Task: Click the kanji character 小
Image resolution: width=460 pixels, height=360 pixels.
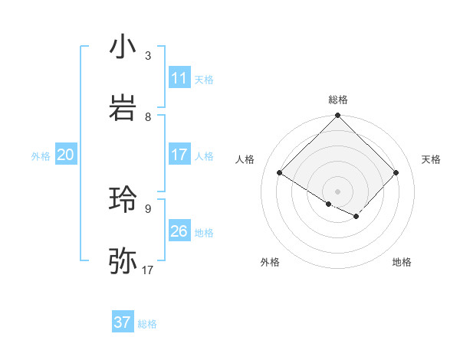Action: click(x=123, y=47)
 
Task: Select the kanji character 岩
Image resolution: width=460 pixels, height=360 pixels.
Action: click(x=123, y=108)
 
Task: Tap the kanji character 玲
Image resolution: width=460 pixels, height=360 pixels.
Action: click(x=123, y=200)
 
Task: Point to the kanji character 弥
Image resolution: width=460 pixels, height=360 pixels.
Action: click(x=123, y=261)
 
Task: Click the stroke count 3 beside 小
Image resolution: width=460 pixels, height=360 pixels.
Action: click(x=148, y=56)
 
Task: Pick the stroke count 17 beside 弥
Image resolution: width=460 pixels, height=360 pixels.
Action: click(x=148, y=270)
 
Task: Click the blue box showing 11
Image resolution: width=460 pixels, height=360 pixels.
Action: click(x=179, y=78)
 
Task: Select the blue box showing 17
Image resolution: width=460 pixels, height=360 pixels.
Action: click(x=179, y=155)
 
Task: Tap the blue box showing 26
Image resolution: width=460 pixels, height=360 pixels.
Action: click(x=179, y=231)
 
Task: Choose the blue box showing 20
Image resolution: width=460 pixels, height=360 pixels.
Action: click(x=66, y=155)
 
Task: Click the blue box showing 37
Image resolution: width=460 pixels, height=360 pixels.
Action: click(x=123, y=322)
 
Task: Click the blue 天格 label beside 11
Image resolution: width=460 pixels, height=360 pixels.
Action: click(x=204, y=80)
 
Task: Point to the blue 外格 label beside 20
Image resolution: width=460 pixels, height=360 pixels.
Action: click(x=41, y=156)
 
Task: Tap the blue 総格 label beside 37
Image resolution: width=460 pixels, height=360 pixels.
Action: click(x=147, y=324)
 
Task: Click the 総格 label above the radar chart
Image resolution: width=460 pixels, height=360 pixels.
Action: click(x=338, y=100)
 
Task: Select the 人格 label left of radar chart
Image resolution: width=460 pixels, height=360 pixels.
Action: click(x=245, y=159)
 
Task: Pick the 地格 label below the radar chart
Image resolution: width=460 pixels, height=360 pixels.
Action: click(x=402, y=262)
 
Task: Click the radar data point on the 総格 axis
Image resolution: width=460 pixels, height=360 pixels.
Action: click(x=338, y=116)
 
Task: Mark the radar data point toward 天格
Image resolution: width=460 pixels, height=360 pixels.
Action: click(x=396, y=172)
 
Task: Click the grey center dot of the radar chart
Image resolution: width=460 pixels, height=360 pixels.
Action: click(x=338, y=191)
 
